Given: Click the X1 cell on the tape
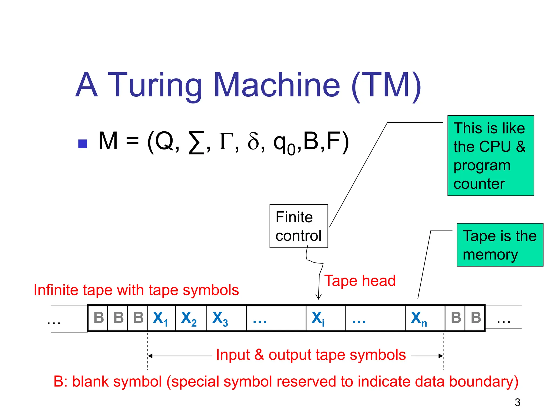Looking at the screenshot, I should click(x=161, y=318).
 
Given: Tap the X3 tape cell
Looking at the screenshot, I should click(x=226, y=318).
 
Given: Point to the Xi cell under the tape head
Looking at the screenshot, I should click(x=325, y=318).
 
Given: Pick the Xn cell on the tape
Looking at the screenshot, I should click(x=425, y=318).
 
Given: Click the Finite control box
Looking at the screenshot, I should click(x=299, y=226).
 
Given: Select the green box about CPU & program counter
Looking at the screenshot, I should click(x=491, y=156).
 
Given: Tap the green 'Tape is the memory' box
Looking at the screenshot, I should click(x=500, y=245).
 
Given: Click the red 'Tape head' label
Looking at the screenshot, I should click(x=360, y=281).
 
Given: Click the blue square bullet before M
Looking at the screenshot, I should click(x=83, y=144).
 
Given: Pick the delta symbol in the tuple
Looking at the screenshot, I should click(x=253, y=141).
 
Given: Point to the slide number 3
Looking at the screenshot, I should click(x=517, y=402).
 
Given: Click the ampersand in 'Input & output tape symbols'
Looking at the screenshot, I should click(x=259, y=355).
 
